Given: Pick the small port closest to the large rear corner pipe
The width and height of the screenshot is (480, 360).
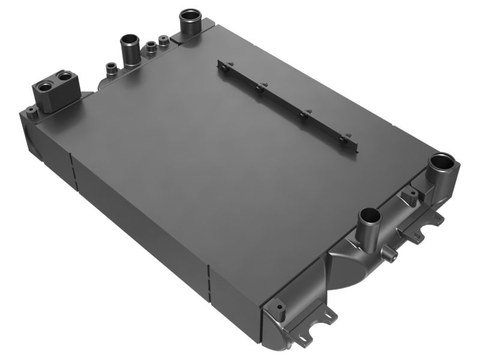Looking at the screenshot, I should click(x=163, y=41).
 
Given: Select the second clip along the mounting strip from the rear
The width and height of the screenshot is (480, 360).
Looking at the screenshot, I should click(x=259, y=88).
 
